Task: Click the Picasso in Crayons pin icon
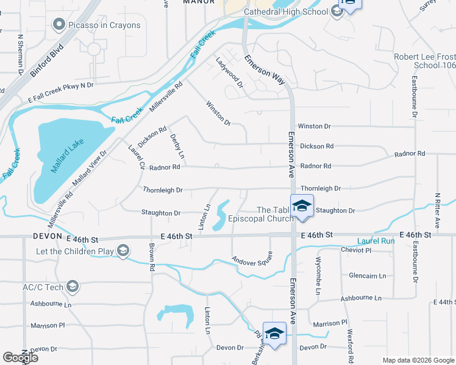click(x=59, y=25)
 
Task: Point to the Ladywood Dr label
click(x=229, y=73)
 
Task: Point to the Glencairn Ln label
click(x=367, y=276)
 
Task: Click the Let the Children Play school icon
click(x=123, y=250)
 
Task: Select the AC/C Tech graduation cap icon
click(x=72, y=287)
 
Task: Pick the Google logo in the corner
click(x=20, y=358)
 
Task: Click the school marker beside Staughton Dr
click(x=301, y=206)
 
